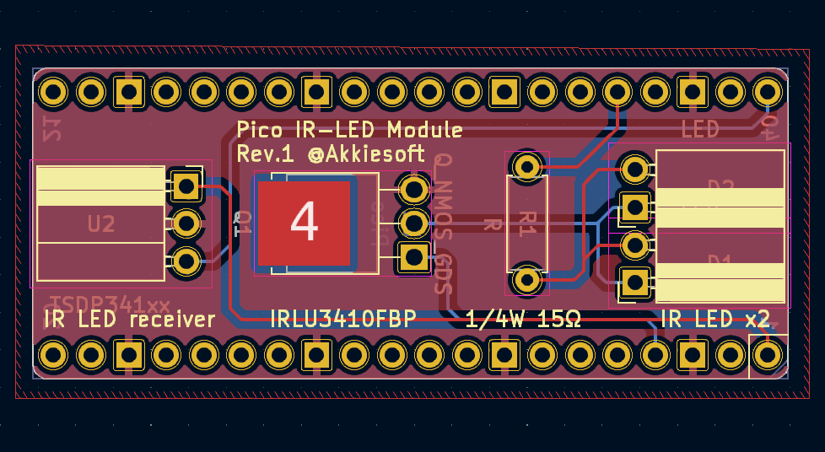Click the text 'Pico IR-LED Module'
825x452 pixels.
349,130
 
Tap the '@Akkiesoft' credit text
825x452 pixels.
367,154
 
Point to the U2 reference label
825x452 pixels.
101,224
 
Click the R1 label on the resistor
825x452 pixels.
527,223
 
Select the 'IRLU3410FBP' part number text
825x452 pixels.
342,319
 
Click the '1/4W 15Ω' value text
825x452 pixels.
523,319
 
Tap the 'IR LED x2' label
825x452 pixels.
715,319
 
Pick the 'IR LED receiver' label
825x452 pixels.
129,319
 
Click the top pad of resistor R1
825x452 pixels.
527,167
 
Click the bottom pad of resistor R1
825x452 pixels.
527,278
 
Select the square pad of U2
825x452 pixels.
185,185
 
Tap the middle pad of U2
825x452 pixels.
186,223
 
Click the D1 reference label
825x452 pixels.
720,261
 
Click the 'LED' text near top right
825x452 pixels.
700,129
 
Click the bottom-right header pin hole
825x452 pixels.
767,354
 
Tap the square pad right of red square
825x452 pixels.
413,256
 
